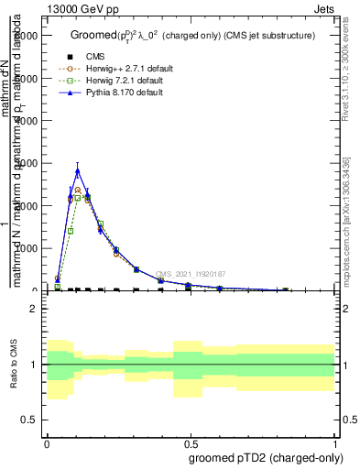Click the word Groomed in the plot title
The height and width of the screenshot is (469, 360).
tap(92, 36)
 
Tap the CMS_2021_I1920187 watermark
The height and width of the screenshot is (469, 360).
tap(191, 273)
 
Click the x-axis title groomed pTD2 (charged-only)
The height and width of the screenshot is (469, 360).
tap(261, 456)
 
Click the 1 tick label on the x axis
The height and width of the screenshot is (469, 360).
tap(335, 441)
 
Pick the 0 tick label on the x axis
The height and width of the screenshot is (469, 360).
tap(47, 441)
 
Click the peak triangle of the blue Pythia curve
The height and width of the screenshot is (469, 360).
tap(78, 170)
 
